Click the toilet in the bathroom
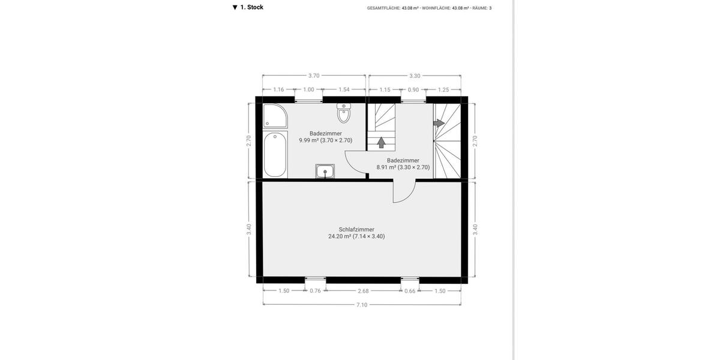coord(344,113)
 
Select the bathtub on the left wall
coord(275,154)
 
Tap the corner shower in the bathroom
coord(275,115)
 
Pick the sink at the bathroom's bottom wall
coord(325,172)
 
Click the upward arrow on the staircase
coord(381,142)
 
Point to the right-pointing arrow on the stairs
coord(439,122)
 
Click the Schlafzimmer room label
coord(356,229)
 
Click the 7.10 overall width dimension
coord(362,305)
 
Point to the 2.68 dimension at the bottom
coord(363,291)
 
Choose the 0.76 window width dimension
coord(315,291)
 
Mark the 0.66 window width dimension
coord(410,291)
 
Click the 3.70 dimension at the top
coord(314,76)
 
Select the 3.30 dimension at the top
coord(415,76)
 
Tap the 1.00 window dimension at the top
coord(308,89)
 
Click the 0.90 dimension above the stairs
coord(413,89)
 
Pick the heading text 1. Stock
coord(252,7)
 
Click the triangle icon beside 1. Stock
coord(235,8)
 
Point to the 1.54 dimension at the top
coord(344,89)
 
